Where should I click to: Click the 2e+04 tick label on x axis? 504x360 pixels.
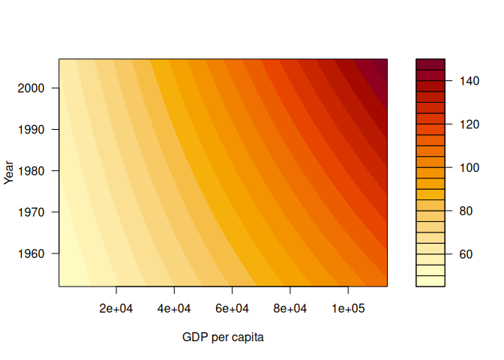pyautogui.click(x=116, y=308)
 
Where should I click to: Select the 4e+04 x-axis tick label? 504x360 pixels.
pyautogui.click(x=174, y=308)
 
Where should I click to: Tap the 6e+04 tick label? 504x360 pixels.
pyautogui.click(x=232, y=308)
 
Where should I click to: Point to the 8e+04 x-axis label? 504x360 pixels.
pyautogui.click(x=289, y=308)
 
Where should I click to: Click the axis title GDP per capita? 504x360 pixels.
pyautogui.click(x=223, y=337)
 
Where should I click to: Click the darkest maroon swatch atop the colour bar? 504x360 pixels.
pyautogui.click(x=430, y=64)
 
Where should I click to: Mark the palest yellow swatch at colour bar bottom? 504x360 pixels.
pyautogui.click(x=430, y=281)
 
